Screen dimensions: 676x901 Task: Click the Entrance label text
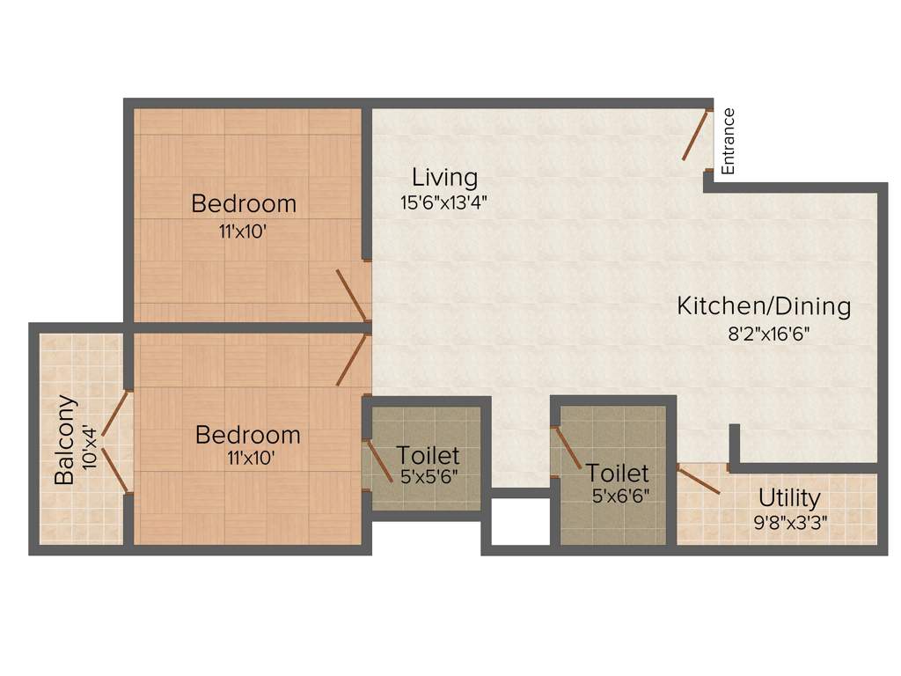click(x=728, y=141)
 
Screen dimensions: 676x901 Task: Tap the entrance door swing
click(x=696, y=135)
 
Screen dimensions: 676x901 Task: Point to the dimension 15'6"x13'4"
click(x=443, y=202)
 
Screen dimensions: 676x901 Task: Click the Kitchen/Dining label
click(x=764, y=306)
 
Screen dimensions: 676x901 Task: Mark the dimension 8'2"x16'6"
click(x=764, y=334)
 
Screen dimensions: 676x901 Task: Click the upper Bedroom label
click(x=244, y=203)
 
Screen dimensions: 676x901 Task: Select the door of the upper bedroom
click(x=352, y=295)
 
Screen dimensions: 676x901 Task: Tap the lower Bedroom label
click(x=247, y=435)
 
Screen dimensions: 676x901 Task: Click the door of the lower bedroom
click(x=352, y=359)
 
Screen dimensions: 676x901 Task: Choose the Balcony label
click(x=64, y=440)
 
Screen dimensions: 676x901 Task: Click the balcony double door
click(x=115, y=440)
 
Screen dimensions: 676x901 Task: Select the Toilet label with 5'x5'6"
click(x=428, y=456)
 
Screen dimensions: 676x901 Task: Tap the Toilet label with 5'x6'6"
click(x=618, y=473)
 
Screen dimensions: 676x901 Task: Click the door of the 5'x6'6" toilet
click(x=567, y=449)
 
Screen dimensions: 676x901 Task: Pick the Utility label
click(x=789, y=498)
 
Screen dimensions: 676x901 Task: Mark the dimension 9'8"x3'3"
click(x=789, y=519)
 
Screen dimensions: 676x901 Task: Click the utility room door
click(x=700, y=479)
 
